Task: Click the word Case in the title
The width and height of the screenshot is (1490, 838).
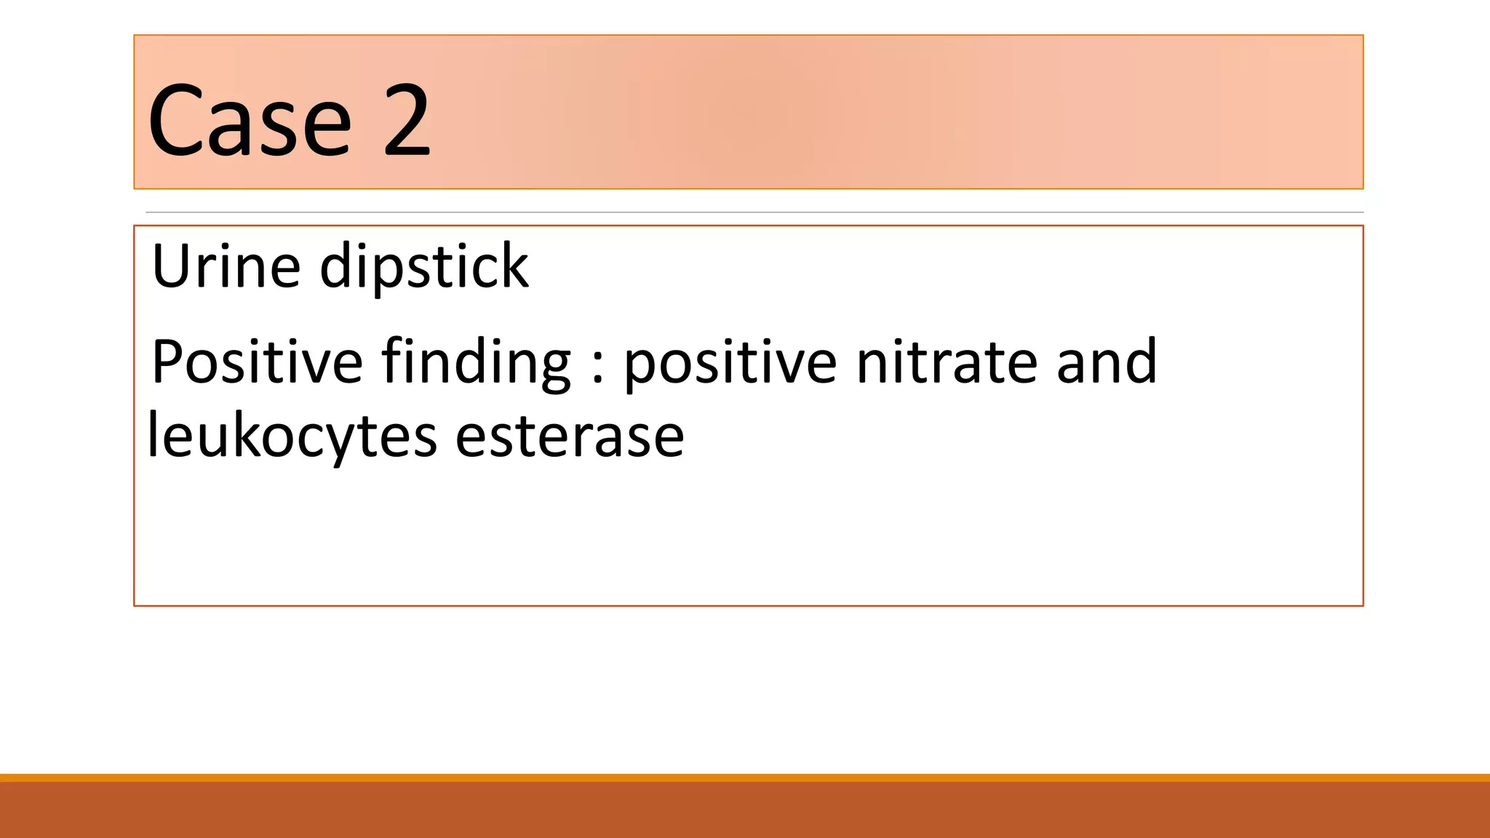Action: [x=250, y=121]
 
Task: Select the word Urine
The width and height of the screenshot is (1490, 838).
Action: [x=226, y=266]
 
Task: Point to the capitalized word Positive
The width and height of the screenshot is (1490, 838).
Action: [x=257, y=362]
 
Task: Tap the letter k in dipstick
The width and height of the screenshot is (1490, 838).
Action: [x=516, y=266]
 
